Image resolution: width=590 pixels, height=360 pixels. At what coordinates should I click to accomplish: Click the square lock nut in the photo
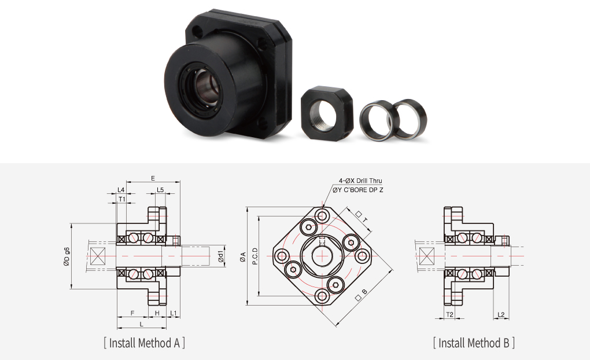point(327,112)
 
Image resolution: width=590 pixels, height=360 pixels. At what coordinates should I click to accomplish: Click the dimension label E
point(153,178)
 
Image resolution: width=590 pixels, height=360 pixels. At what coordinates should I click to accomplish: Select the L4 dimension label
point(121,190)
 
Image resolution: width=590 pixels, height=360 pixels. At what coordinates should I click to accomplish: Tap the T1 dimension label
point(122,199)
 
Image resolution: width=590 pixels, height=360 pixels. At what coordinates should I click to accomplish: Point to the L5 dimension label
point(160,190)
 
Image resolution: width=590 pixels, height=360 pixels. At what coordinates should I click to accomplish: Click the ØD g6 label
point(67,256)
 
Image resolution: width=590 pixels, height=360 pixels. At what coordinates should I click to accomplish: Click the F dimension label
point(132,313)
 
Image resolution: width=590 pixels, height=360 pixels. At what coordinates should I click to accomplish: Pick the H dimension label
point(157,313)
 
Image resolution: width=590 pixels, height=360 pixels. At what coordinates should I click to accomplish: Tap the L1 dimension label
point(173,313)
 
